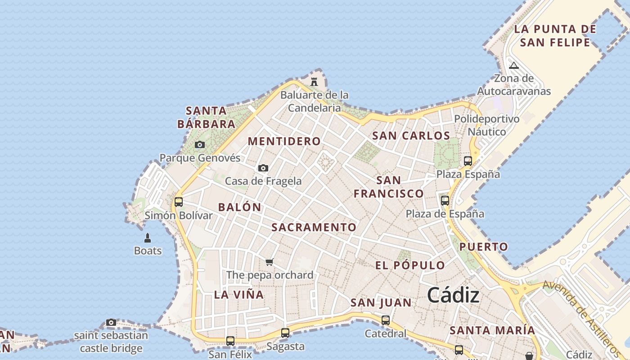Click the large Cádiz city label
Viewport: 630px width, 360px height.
453,296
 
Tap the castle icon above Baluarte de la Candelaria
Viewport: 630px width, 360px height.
314,81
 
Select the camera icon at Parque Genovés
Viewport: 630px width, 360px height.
199,145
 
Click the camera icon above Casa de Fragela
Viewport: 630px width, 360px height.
263,168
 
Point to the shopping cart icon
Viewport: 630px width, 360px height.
269,262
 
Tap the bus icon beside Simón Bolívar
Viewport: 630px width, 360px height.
179,202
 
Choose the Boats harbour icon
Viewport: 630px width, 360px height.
148,238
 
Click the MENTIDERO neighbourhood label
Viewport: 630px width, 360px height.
284,141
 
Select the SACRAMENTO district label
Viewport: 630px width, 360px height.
314,227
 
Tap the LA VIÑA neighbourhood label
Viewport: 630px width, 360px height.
239,295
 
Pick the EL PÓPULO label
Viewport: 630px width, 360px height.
410,265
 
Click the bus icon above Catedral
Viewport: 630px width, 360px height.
386,320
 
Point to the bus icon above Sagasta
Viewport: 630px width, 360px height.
285,333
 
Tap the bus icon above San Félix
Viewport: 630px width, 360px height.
230,341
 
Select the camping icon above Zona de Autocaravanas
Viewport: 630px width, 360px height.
514,66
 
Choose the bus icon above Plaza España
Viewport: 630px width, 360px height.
468,161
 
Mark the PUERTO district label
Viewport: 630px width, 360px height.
483,247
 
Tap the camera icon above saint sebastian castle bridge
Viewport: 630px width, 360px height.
111,322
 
